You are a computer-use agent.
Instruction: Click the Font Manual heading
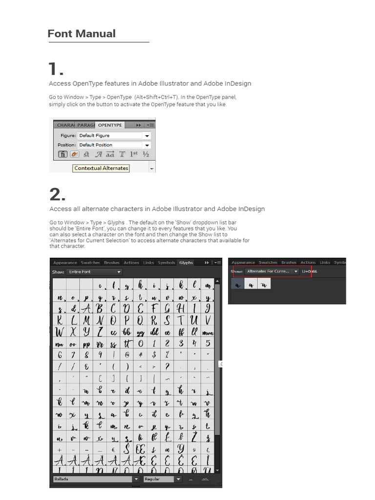[x=82, y=34]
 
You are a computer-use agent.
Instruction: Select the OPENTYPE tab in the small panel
[x=110, y=125]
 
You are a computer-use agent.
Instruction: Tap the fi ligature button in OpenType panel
[x=63, y=154]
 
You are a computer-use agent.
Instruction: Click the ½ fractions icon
[x=146, y=154]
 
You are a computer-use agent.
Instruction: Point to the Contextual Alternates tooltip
[x=101, y=168]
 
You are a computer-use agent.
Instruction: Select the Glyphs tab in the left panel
[x=186, y=263]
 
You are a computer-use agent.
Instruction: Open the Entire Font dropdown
[x=94, y=272]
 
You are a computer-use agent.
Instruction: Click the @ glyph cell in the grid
[x=127, y=355]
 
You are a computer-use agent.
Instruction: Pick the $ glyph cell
[x=154, y=355]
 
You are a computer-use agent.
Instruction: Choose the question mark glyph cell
[x=167, y=367]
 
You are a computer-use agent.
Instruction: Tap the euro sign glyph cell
[x=113, y=449]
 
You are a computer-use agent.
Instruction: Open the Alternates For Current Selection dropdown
[x=271, y=271]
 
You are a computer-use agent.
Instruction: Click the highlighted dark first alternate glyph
[x=237, y=284]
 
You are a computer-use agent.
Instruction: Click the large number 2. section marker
[x=58, y=195]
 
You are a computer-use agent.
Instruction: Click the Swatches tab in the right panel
[x=268, y=262]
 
